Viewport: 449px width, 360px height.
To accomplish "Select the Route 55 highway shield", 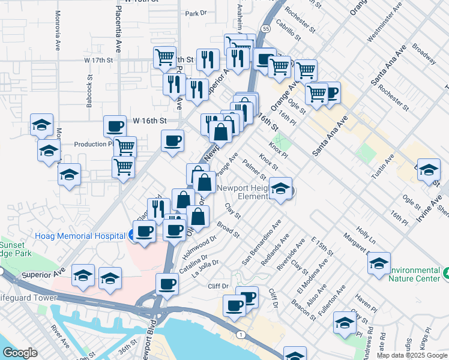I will [x=266, y=28].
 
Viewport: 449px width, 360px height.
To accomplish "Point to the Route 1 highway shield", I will [x=240, y=334].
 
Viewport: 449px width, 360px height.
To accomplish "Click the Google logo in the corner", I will [x=20, y=353].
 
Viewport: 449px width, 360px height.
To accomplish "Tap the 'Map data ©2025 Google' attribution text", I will [x=412, y=355].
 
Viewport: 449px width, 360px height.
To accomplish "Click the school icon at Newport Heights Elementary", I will [x=280, y=189].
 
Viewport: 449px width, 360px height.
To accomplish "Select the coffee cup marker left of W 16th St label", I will [x=115, y=127].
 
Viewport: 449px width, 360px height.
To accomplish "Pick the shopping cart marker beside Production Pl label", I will [x=125, y=146].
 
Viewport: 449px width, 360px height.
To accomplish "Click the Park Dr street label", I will [x=196, y=13].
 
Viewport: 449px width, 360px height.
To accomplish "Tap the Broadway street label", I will [x=424, y=52].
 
